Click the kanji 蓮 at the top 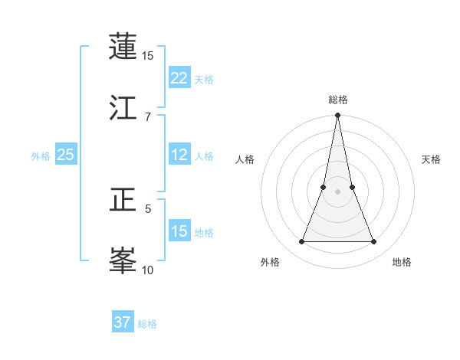(x=123, y=47)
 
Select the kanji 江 (x=123, y=107)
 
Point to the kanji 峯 (x=123, y=260)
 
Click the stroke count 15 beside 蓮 (x=148, y=56)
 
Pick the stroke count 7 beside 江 (x=148, y=116)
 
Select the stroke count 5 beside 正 (x=148, y=208)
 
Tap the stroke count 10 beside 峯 (x=148, y=270)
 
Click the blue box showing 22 (x=179, y=78)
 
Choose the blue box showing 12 (x=179, y=155)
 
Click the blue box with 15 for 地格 (x=179, y=231)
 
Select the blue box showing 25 (x=66, y=155)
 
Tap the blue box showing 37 (x=123, y=322)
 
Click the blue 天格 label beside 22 (x=204, y=79)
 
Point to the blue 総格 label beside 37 (x=147, y=324)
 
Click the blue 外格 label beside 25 (x=41, y=156)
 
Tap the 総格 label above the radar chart (x=338, y=100)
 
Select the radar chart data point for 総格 (x=337, y=116)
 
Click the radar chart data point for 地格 (x=374, y=241)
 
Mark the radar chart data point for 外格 (x=301, y=241)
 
